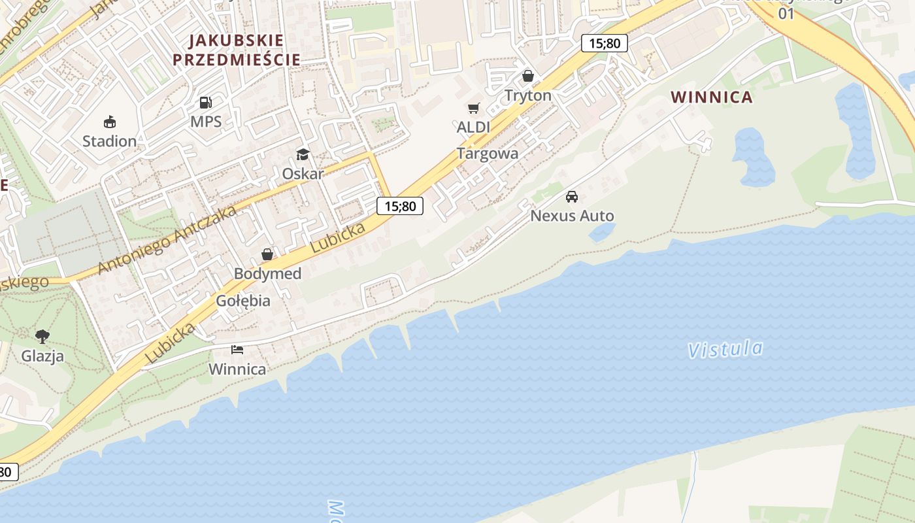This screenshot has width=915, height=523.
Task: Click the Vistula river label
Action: pos(725,349)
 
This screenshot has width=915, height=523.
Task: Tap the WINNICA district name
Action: pos(712,97)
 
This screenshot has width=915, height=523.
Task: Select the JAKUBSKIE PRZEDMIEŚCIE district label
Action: pos(237,50)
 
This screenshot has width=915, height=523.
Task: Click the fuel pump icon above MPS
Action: pos(206,103)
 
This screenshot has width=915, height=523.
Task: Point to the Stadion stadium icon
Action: pos(109,122)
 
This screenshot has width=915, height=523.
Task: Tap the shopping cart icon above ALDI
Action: pos(473,108)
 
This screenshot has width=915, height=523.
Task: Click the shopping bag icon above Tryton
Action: pos(528,76)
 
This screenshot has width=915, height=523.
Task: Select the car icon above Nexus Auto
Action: pos(572,196)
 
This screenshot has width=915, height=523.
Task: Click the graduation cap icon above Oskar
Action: pos(303,154)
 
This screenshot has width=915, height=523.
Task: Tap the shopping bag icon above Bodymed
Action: pos(267,254)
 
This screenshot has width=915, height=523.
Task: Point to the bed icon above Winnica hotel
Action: pos(237,350)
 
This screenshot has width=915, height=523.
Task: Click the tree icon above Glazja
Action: pos(42,337)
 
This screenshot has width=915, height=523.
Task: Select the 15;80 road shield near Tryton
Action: pos(604,44)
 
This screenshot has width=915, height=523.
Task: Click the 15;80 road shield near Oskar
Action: pos(400,207)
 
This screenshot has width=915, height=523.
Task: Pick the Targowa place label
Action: pos(488,154)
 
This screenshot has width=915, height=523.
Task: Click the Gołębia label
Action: pos(243,301)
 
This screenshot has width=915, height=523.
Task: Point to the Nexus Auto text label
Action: pos(572,216)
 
